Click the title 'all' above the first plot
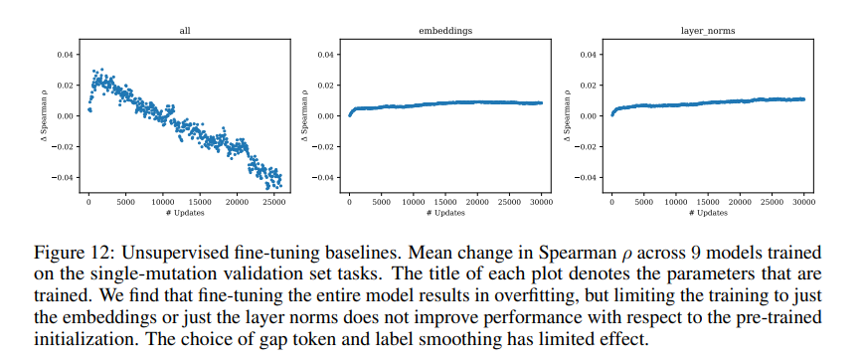(x=184, y=31)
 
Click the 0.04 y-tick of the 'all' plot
(x=66, y=54)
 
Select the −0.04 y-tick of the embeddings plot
(x=324, y=177)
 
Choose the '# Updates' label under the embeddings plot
(x=444, y=214)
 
